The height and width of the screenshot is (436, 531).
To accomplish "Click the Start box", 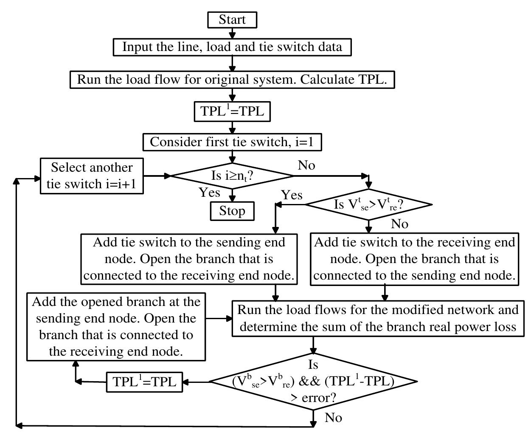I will coord(232,20).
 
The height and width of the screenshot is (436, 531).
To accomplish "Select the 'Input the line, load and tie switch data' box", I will coord(232,47).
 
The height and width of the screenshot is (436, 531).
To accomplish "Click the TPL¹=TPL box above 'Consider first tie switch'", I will coord(232,111).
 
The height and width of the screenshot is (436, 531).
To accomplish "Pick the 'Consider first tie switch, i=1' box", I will coord(232,142).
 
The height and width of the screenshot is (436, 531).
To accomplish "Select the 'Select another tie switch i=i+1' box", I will coord(92,176).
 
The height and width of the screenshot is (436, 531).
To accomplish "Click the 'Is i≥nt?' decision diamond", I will coord(232,176).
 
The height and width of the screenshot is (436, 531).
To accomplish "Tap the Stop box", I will coord(232,211).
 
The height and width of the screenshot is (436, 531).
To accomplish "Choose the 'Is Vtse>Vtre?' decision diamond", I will coord(368,204).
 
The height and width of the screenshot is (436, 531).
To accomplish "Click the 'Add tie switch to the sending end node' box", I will coord(189,259).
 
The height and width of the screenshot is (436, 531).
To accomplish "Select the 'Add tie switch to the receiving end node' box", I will coord(414,259).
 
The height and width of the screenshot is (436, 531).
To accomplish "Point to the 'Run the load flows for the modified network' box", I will coord(378,318).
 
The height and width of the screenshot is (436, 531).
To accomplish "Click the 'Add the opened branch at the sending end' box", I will coord(116,326).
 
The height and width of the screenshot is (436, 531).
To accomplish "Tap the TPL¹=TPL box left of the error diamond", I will coord(144,382).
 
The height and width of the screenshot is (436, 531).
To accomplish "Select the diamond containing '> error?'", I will coord(313,382).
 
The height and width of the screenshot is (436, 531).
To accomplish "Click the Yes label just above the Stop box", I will coord(209,193).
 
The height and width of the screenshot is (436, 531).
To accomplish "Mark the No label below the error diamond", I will coord(333,418).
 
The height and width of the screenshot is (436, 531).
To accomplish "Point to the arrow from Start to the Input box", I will coord(232,33).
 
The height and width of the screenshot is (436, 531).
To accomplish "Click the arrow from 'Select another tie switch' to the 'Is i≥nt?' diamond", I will coord(157,176).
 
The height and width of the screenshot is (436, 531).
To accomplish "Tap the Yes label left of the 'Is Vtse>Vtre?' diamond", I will coord(292,195).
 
